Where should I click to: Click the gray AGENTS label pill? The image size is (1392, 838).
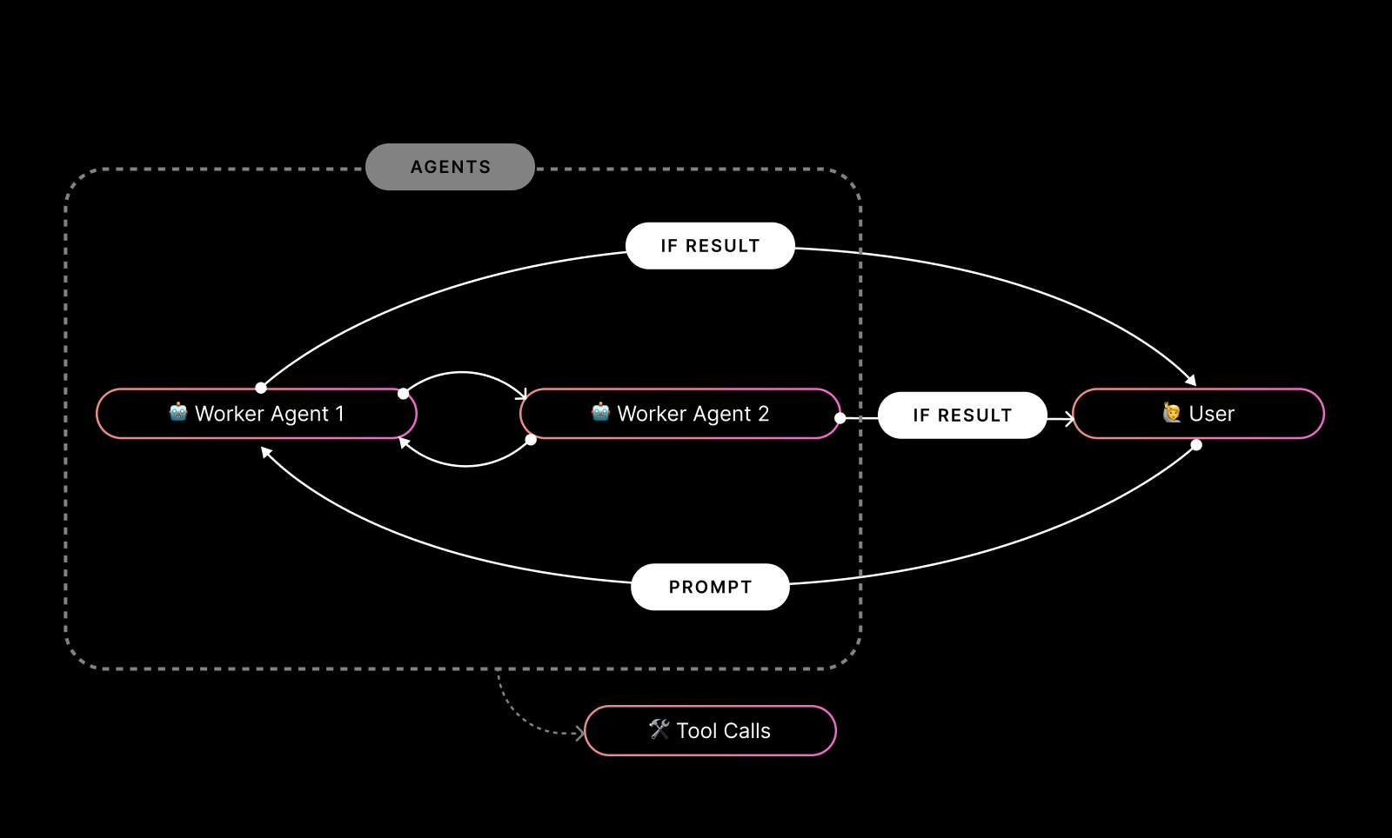[450, 167]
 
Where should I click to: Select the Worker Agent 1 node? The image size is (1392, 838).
[257, 414]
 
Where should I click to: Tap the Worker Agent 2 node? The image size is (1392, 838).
[680, 414]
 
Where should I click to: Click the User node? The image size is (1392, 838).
[1199, 414]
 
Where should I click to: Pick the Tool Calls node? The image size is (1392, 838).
[710, 731]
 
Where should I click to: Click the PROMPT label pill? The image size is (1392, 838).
[710, 587]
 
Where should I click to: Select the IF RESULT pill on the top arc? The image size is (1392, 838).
[710, 246]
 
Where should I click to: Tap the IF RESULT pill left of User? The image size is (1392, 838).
[962, 416]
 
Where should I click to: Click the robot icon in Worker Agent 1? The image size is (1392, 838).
[178, 412]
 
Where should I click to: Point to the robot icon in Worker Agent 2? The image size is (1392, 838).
[600, 412]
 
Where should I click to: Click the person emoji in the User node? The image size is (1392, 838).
[1172, 413]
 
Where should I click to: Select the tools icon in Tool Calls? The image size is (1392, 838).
[659, 729]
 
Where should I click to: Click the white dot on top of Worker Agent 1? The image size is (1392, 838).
[261, 388]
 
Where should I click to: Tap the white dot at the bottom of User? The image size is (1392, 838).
[1196, 445]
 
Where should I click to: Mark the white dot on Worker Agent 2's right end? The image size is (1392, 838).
[840, 418]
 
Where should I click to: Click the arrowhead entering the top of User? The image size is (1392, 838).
[1191, 380]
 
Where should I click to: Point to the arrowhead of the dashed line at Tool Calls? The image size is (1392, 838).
[579, 734]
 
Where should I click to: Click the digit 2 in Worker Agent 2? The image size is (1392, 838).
[763, 414]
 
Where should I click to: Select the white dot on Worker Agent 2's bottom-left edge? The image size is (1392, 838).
[531, 440]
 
